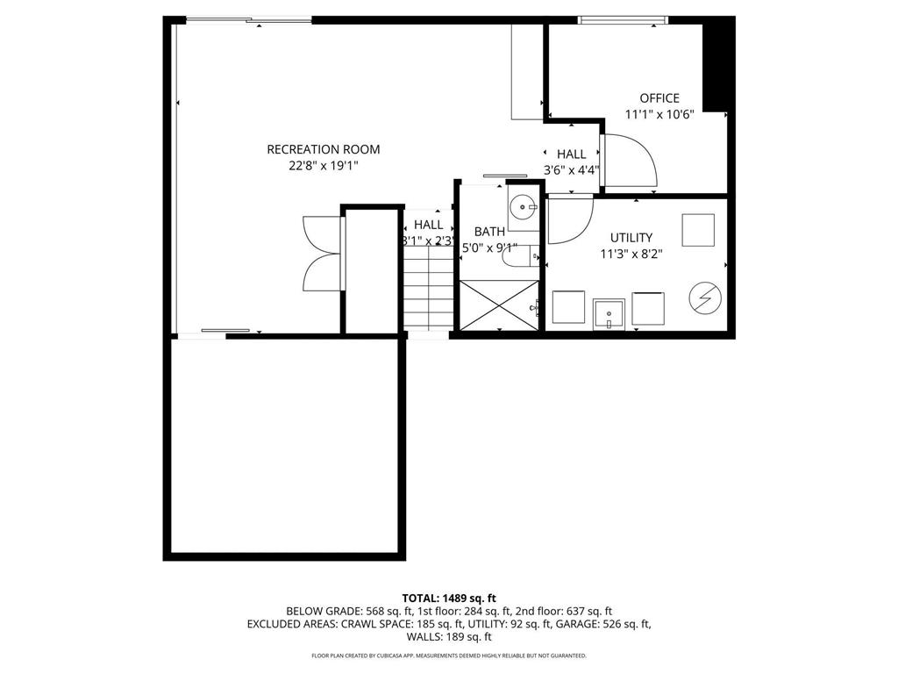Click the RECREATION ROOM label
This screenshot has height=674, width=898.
324,149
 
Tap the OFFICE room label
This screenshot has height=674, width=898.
659,98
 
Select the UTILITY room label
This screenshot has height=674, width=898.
631,238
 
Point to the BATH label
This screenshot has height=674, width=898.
489,232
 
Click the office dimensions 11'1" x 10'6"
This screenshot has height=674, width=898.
659,114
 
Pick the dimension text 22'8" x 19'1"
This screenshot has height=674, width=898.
324,165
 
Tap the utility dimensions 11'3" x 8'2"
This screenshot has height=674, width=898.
631,254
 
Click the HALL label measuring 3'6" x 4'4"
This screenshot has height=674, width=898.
571,154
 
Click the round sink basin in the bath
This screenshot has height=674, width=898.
523,208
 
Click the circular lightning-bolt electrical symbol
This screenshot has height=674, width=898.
705,298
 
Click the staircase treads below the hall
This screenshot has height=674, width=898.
428,290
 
